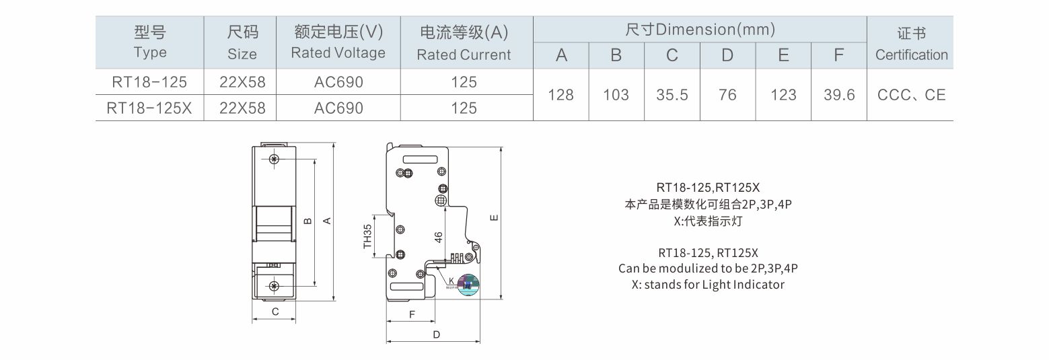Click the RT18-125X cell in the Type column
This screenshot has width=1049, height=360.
click(x=149, y=108)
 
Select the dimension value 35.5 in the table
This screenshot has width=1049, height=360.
click(x=672, y=95)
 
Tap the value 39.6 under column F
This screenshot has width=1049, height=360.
click(x=839, y=95)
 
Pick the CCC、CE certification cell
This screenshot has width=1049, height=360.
click(x=912, y=95)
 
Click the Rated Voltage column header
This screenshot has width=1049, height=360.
click(x=338, y=42)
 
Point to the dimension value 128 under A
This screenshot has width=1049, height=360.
click(x=560, y=95)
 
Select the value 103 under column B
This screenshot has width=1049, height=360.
click(x=616, y=95)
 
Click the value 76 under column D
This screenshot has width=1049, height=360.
click(x=727, y=95)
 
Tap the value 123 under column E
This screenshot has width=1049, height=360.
click(x=783, y=95)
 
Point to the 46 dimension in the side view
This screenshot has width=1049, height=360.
click(x=439, y=237)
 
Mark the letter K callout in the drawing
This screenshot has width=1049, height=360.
click(x=451, y=281)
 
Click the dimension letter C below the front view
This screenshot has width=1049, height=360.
click(x=275, y=312)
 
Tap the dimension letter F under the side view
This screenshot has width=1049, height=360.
click(x=412, y=314)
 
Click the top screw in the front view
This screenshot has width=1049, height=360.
click(x=273, y=159)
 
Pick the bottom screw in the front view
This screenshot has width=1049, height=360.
click(x=273, y=287)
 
